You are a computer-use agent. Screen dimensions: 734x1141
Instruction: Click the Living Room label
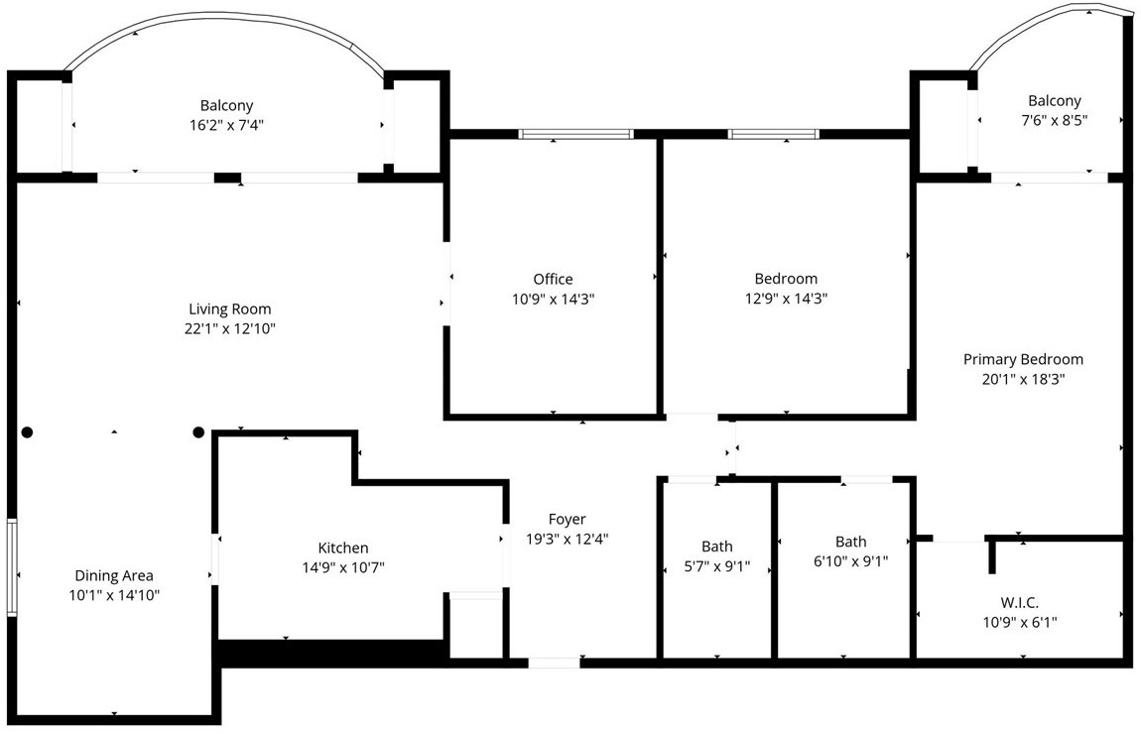pos(230,308)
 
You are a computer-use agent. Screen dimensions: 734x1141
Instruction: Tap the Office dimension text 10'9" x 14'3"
pos(553,298)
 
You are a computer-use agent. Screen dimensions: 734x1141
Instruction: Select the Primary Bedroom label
pos(1023,359)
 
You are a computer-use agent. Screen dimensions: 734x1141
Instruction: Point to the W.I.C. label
pos(1020,602)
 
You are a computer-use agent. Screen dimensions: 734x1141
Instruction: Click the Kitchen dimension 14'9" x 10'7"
pos(342,567)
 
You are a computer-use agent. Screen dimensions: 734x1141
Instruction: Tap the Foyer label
pos(567,519)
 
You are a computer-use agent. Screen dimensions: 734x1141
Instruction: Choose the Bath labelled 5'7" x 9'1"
pos(717,547)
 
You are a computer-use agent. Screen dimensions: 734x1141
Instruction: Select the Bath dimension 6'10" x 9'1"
pos(850,560)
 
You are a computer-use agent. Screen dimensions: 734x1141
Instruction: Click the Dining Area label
pos(114,575)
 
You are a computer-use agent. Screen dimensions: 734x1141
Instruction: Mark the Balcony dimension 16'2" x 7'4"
pos(226,125)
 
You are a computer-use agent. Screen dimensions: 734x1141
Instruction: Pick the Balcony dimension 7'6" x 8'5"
pos(1054,120)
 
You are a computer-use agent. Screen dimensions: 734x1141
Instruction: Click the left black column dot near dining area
pos(28,432)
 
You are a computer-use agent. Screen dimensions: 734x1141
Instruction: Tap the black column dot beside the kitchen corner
pos(198,432)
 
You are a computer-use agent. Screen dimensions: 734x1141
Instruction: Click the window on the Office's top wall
pos(575,134)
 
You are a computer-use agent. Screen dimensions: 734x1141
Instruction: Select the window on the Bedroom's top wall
pos(773,134)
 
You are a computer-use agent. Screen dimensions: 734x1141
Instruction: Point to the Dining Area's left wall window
pos(12,566)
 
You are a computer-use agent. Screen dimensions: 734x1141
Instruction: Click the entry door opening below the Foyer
pos(554,663)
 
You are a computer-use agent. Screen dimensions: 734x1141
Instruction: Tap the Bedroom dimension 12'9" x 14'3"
pos(785,298)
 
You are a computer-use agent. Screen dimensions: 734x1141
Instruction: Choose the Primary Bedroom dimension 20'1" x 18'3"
pos(1023,378)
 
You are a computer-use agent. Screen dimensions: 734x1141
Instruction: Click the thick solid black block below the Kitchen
pos(329,653)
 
